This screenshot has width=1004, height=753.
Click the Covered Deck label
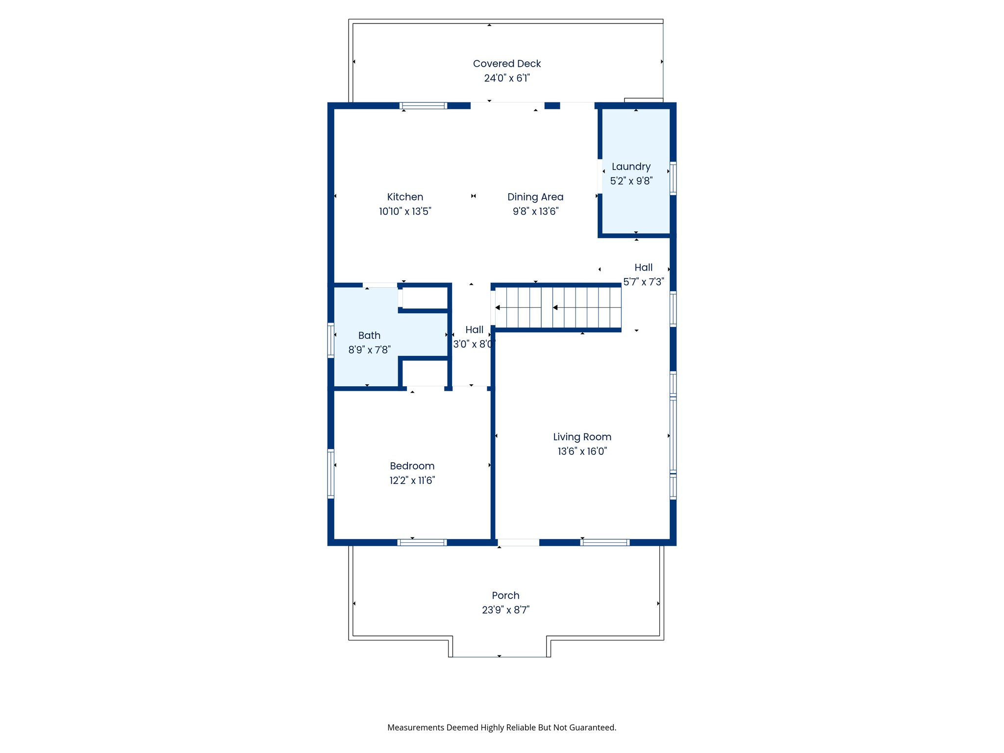[x=506, y=64]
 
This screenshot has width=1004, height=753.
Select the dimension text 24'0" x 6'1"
[x=506, y=78]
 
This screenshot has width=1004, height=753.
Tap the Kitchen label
[x=405, y=197]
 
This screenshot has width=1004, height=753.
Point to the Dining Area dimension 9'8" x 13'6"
[x=535, y=211]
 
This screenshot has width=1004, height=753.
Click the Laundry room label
[x=631, y=167]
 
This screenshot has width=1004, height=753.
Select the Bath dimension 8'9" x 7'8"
[x=369, y=350]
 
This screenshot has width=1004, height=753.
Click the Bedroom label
[x=412, y=466]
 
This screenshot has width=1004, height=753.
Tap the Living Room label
[x=582, y=437]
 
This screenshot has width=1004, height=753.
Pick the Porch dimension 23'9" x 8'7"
[x=505, y=610]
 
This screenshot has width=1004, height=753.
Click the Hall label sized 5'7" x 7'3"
[x=643, y=268]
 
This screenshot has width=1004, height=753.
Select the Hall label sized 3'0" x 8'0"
[x=474, y=330]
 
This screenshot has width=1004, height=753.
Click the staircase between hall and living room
[x=558, y=308]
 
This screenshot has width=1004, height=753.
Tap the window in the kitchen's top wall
[x=424, y=106]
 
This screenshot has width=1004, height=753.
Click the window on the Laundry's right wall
[x=673, y=178]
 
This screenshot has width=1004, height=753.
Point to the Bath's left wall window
[x=331, y=340]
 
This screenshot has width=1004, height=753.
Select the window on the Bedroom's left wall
[x=331, y=474]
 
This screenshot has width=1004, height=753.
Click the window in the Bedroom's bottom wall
[x=422, y=542]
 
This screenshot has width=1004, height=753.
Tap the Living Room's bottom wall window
[x=605, y=542]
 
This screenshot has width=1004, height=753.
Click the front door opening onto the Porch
[x=518, y=542]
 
